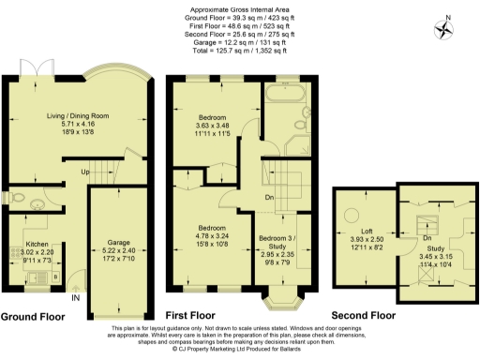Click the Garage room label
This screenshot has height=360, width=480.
click(118, 245)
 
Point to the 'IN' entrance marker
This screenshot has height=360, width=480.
click(76, 298)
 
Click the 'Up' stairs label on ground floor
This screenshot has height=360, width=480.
click(83, 172)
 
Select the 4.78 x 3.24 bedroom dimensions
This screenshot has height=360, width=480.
click(211, 235)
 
